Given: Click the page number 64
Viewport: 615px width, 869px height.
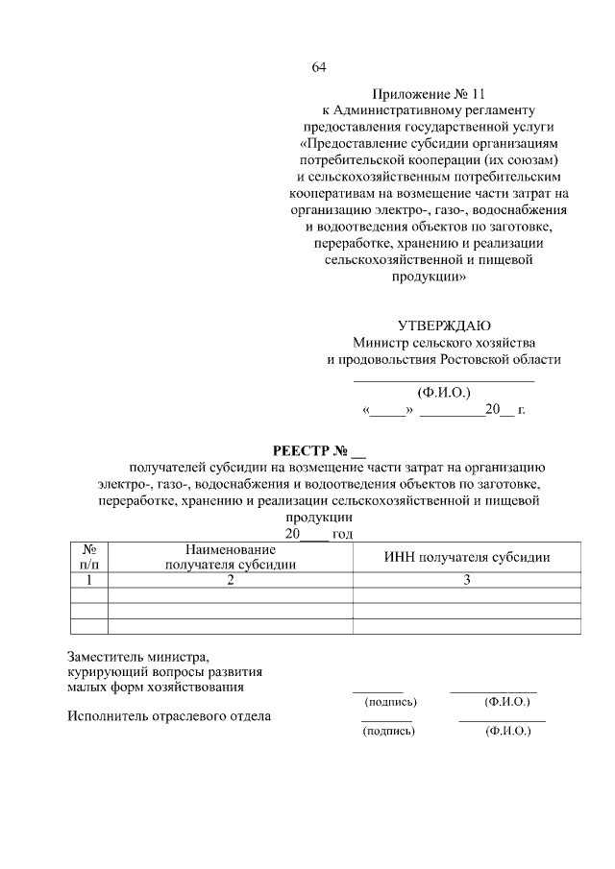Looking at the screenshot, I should click(x=320, y=67).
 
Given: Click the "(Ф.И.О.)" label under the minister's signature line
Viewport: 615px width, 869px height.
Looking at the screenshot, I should click(x=444, y=393).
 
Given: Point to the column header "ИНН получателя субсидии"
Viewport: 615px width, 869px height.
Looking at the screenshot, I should click(x=467, y=557).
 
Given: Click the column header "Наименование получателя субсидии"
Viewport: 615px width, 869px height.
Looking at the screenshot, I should click(x=231, y=557).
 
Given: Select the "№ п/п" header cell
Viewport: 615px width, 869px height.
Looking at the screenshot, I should click(x=89, y=557).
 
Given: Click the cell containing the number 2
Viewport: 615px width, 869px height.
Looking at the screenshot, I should click(x=231, y=580).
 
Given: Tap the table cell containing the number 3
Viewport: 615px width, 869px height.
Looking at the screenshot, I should click(x=467, y=580).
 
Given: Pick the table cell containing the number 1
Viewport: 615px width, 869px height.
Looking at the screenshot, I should click(x=89, y=580).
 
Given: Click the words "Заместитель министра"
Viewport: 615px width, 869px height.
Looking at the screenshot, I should click(x=137, y=657).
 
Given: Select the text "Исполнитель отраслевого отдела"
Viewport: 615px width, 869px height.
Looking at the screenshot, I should click(x=169, y=715).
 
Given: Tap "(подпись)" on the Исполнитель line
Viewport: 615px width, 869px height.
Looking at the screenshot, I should click(x=387, y=731).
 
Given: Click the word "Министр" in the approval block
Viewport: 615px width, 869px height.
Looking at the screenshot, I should click(x=379, y=343).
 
